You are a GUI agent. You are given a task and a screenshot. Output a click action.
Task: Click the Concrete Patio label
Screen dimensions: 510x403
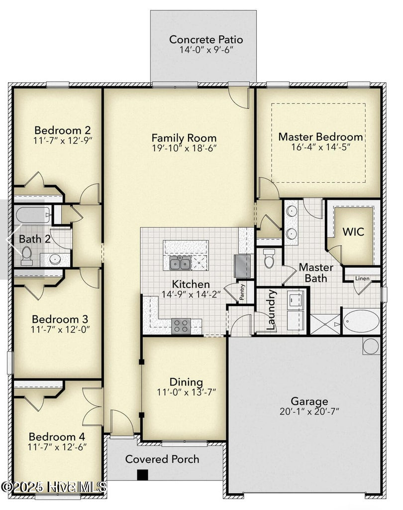click(x=205, y=39)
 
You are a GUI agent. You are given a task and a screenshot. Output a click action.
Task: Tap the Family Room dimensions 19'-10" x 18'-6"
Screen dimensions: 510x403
click(x=184, y=148)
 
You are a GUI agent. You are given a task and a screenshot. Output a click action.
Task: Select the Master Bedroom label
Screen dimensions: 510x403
click(x=320, y=136)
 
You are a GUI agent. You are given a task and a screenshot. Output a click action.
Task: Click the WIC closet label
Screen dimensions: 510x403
click(x=353, y=232)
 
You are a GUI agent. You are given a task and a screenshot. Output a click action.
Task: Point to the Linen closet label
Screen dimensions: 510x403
click(x=362, y=278)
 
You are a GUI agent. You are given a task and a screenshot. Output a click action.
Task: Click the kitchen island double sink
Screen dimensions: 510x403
click(x=180, y=263)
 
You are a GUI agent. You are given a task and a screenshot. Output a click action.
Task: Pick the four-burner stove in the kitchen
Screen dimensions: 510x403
click(x=181, y=326)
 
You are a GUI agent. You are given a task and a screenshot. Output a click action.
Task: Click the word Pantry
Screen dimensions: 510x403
click(x=242, y=292)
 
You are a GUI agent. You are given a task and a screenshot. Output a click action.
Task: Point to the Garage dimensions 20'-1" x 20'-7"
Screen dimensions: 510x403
click(x=309, y=411)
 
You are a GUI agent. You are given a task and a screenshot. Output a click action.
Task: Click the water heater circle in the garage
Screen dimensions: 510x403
click(x=371, y=345)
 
